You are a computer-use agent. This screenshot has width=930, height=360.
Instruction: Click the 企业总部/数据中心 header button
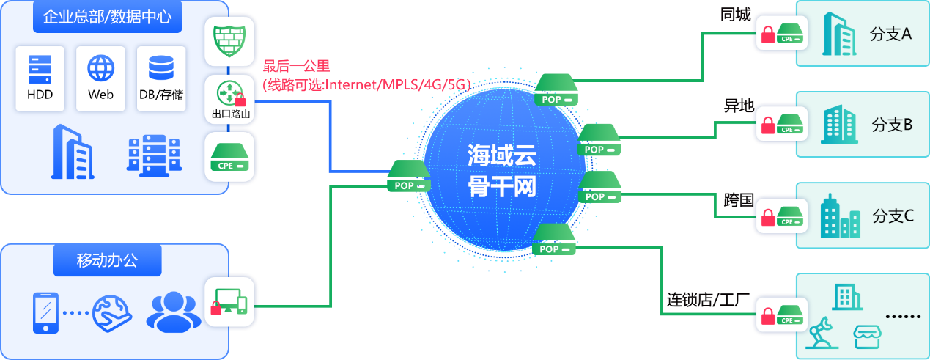tap(107, 17)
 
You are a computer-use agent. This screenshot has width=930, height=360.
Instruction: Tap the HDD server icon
tap(40, 68)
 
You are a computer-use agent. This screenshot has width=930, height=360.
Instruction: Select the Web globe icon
tap(100, 68)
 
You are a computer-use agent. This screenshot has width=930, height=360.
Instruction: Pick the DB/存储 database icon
tap(160, 68)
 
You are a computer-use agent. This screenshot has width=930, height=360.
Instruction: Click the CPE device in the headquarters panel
tap(230, 157)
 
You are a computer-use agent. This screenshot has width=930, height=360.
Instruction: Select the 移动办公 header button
tap(107, 260)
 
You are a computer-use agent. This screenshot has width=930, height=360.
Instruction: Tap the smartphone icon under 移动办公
tap(45, 312)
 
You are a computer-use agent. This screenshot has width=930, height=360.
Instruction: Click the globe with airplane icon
tap(111, 313)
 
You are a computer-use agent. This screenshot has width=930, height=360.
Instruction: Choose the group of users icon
tap(173, 311)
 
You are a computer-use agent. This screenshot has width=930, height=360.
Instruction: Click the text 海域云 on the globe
tap(502, 155)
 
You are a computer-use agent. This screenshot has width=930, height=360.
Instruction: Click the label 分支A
tap(890, 34)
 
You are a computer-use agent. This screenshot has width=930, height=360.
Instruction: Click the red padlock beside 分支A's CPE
tap(767, 35)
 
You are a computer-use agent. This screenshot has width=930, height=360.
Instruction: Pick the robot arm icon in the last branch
tap(821, 334)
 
